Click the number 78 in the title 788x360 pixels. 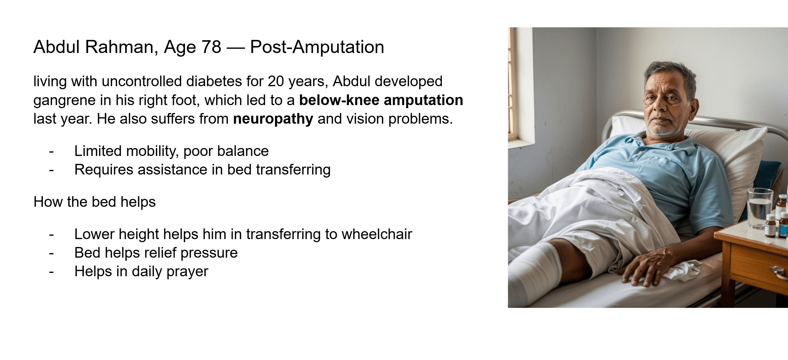tap(211, 47)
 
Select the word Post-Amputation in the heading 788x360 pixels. tap(317, 47)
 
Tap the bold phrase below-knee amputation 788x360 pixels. tap(381, 100)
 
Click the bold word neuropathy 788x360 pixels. tap(273, 119)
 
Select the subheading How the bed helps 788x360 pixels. tap(94, 202)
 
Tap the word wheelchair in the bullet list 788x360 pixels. tap(377, 234)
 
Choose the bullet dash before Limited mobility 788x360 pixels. tap(51, 151)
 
